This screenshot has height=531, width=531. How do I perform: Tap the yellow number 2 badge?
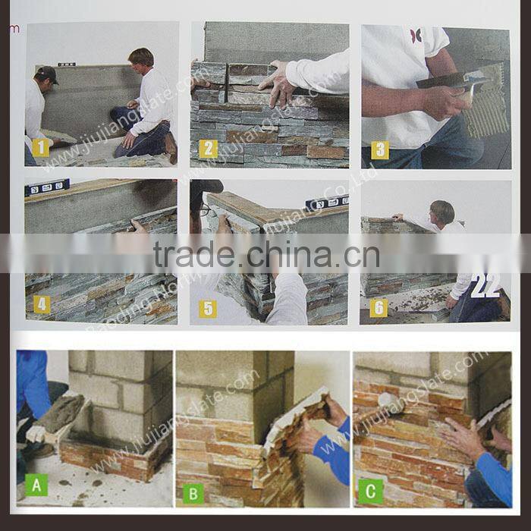coord(208,149)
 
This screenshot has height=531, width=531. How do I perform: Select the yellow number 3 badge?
coord(379,149)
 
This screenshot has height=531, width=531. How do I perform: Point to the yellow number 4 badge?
coord(42,304)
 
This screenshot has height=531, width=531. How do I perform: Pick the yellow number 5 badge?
coord(208,309)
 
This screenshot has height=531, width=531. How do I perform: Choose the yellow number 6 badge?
coord(379,307)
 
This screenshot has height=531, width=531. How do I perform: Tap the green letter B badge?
coord(193,493)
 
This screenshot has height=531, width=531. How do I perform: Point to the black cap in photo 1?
coord(47,74)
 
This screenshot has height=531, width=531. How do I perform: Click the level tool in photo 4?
coord(47,187)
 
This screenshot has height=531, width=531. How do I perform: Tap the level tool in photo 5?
coord(326,202)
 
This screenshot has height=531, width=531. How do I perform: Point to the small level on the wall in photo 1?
coord(66,64)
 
